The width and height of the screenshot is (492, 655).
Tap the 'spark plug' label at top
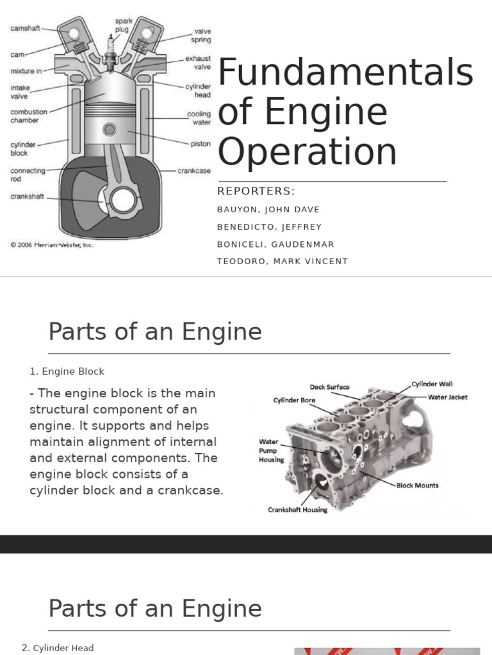tap(123, 25)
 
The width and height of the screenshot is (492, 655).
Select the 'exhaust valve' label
tap(198, 63)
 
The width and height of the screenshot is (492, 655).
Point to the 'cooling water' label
tap(199, 118)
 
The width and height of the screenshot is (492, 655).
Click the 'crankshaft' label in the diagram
tap(27, 196)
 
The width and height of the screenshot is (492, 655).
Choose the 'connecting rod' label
tap(28, 175)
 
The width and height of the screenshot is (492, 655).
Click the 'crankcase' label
tap(193, 171)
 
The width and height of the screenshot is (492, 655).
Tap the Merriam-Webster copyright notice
tap(51, 244)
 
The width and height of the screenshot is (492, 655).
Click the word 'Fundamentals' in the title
tap(345, 73)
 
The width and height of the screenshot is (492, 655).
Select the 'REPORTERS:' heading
tap(256, 191)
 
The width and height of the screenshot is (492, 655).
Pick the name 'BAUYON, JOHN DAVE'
tap(268, 210)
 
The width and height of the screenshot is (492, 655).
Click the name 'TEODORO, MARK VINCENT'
tap(283, 261)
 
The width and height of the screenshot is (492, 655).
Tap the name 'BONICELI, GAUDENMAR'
tap(275, 244)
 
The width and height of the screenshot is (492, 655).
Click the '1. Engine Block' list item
tap(67, 372)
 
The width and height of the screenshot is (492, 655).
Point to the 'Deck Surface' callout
tap(329, 387)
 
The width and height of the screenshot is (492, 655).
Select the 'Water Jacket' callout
tap(448, 397)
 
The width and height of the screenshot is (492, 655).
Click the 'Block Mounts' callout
tap(417, 485)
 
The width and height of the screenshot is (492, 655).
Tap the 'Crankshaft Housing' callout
tap(297, 510)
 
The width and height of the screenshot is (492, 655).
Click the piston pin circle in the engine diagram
tap(110, 130)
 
